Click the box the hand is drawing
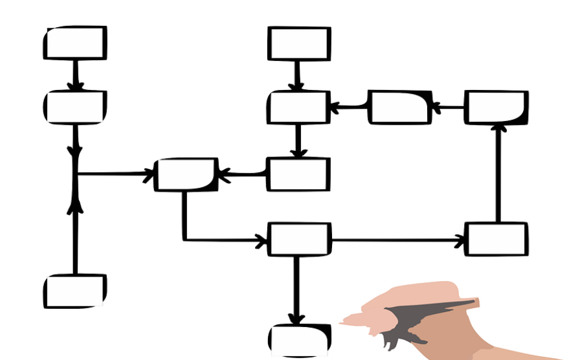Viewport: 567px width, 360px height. point(298,340)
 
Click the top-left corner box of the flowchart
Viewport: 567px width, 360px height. point(75,43)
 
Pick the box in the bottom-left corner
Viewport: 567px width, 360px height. point(75,291)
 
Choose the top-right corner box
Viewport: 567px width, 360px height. point(496,107)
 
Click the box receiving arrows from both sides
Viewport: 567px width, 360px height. point(186,174)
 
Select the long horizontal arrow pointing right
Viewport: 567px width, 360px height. point(398,240)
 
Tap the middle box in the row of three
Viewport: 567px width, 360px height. point(399,107)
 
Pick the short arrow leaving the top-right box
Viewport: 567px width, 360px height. point(448,107)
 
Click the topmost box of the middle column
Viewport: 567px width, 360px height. point(299,43)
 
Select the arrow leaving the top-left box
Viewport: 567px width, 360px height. point(76,75)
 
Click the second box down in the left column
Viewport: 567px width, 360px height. point(75,107)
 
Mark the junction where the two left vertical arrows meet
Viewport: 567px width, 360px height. point(75,174)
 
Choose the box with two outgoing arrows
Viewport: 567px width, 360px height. point(299,240)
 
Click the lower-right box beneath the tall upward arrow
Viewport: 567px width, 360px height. point(496,239)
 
